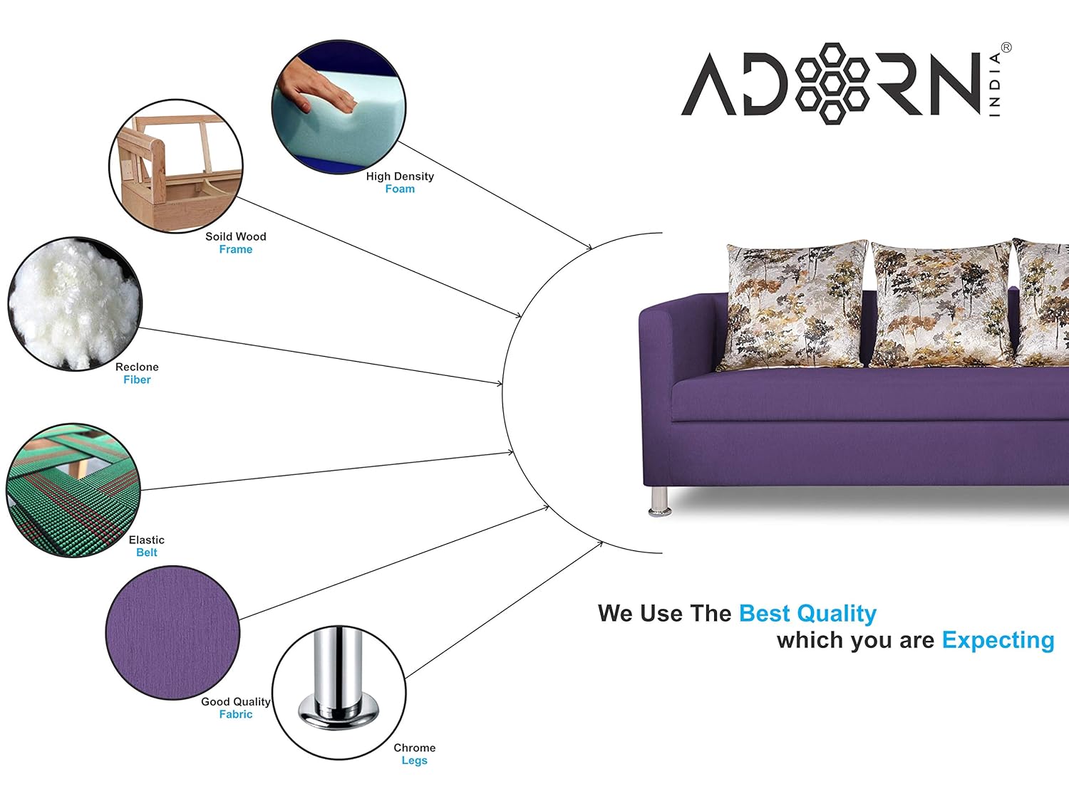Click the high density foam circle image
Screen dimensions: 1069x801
(x=339, y=107)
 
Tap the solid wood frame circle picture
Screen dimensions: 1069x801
(x=176, y=167)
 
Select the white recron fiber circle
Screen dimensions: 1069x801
(x=75, y=304)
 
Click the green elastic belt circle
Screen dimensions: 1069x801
(x=73, y=491)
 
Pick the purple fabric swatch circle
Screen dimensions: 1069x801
(x=173, y=633)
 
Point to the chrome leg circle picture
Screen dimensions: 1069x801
(x=339, y=693)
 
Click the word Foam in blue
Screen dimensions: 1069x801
(x=400, y=189)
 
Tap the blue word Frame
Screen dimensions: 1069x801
(x=236, y=249)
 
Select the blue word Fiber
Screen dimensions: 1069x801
(x=137, y=379)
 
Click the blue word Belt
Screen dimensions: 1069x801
(x=147, y=553)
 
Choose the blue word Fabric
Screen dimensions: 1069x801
(x=236, y=714)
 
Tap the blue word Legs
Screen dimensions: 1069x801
(x=415, y=760)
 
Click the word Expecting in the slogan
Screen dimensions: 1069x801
(x=998, y=641)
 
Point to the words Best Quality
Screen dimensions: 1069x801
(x=807, y=614)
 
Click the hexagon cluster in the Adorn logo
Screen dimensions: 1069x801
(x=832, y=83)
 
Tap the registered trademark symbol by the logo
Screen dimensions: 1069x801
(x=1006, y=48)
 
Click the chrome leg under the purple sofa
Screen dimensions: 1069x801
(x=660, y=501)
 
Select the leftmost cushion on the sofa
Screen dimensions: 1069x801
(x=793, y=305)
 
